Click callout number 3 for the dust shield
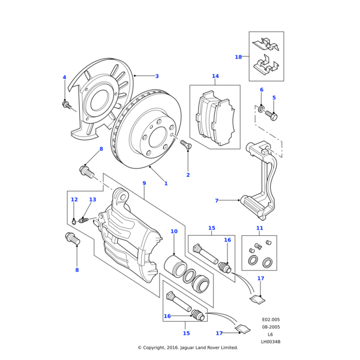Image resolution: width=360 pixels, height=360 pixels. [157, 76]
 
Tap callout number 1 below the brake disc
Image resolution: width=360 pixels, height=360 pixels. [166, 183]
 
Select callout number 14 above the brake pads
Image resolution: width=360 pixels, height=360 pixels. [215, 76]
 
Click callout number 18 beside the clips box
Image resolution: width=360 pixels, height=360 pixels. [238, 57]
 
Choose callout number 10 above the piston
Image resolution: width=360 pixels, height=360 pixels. [174, 231]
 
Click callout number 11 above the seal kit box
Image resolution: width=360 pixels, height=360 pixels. [259, 228]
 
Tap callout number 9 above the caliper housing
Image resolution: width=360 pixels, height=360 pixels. [144, 183]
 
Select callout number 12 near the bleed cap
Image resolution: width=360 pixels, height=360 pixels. [74, 200]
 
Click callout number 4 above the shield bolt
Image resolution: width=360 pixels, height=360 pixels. [64, 77]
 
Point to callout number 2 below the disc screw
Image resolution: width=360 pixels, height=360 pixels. [188, 175]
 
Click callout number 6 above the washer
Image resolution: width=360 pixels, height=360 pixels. [261, 90]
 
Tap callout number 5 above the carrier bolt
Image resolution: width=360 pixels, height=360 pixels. [274, 97]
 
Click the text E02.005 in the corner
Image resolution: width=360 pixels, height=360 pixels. [271, 320]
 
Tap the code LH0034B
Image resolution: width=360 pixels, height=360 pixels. [271, 342]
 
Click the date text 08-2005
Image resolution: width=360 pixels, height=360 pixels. [271, 327]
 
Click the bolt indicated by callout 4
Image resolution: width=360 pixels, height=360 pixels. [66, 106]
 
